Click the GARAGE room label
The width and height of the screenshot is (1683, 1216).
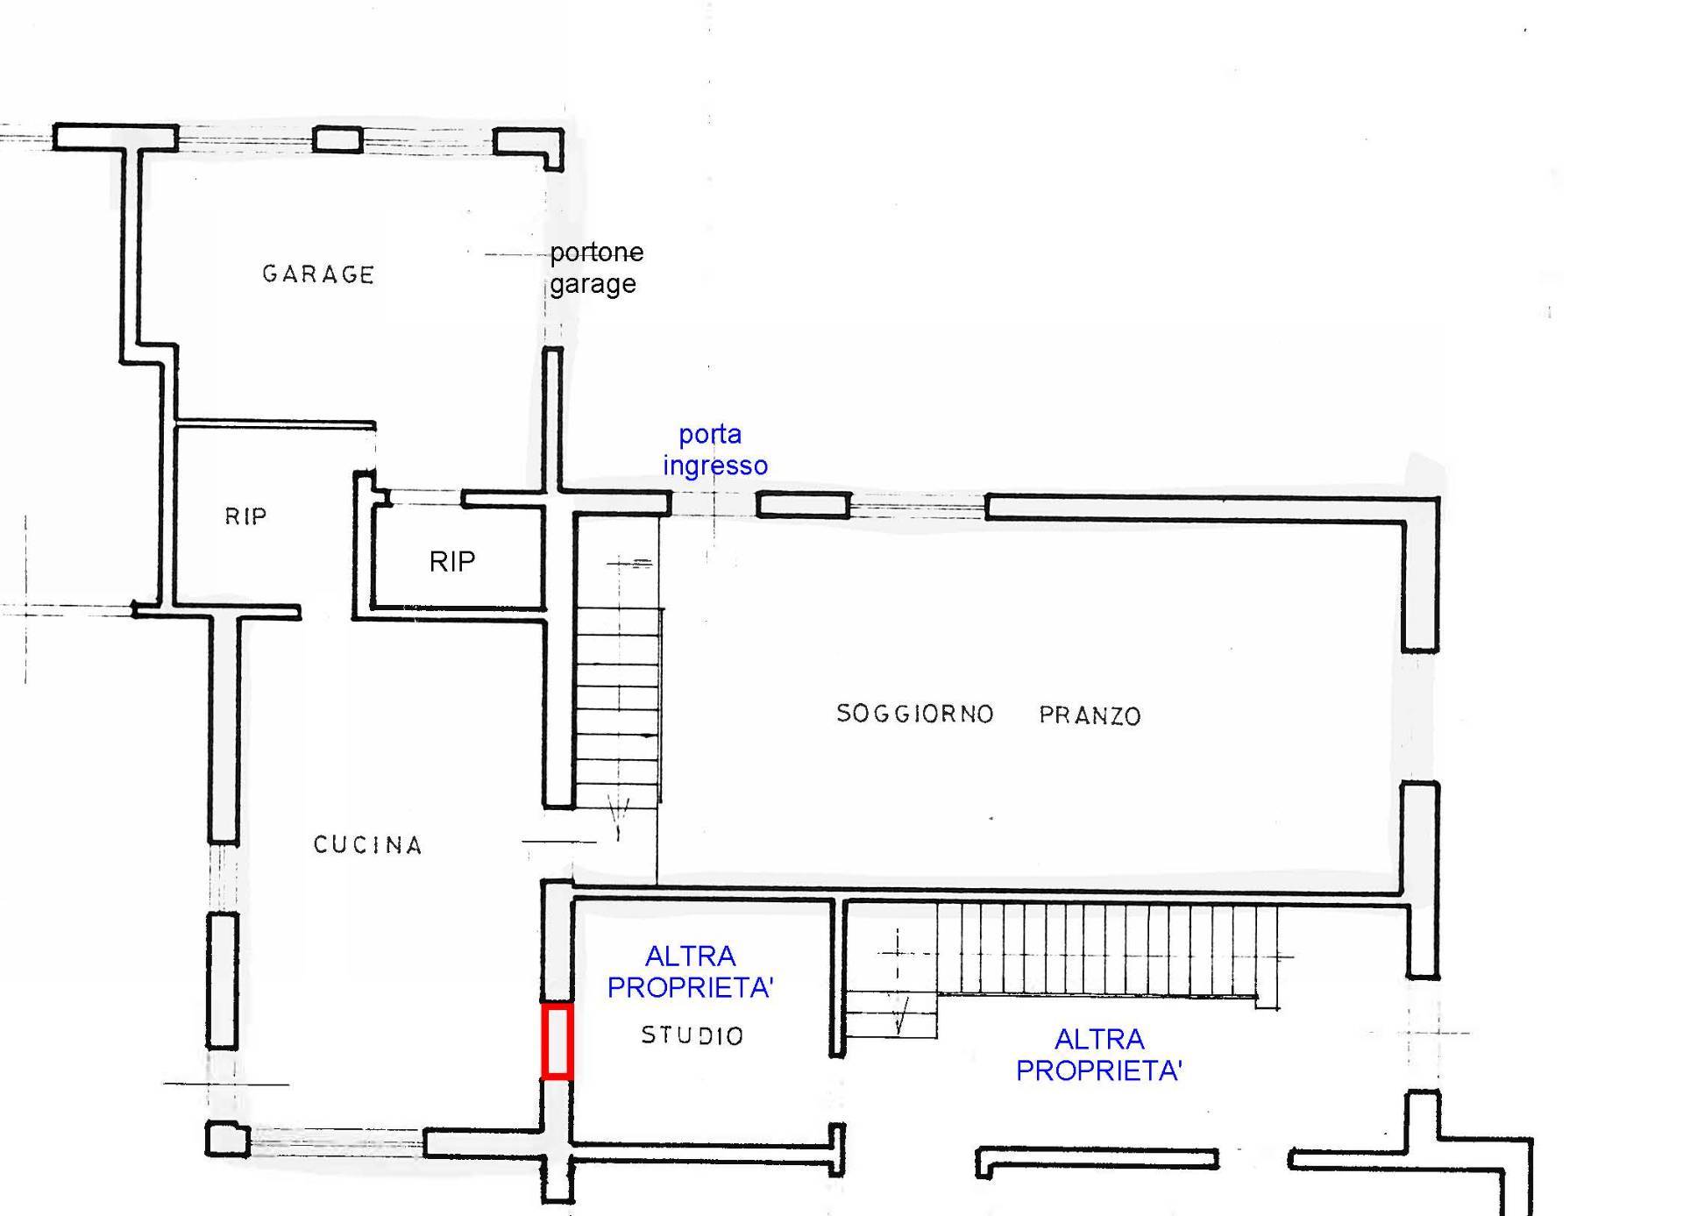[318, 274]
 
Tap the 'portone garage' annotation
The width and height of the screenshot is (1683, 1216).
[595, 268]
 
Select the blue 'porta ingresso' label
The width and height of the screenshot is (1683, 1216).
[714, 449]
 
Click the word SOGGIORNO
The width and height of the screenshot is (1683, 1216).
[914, 714]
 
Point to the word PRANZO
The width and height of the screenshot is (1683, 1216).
[1090, 715]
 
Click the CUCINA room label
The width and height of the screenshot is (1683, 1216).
[368, 844]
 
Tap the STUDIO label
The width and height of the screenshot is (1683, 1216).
[692, 1035]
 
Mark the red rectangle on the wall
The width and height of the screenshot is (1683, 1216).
[557, 1041]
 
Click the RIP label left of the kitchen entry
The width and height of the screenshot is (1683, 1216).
[245, 516]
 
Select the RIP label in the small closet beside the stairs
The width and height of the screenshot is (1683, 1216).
[452, 561]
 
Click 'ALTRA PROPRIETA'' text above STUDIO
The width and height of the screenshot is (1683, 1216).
[690, 971]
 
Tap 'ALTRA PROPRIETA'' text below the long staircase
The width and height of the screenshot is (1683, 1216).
[1099, 1055]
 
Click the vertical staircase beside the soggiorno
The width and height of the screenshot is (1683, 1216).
[618, 693]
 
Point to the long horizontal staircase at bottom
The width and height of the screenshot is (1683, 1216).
[1104, 949]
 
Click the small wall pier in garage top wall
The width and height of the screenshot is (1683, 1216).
[337, 139]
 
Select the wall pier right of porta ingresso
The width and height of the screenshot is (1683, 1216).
[803, 504]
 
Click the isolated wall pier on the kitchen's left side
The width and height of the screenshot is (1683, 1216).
[223, 980]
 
